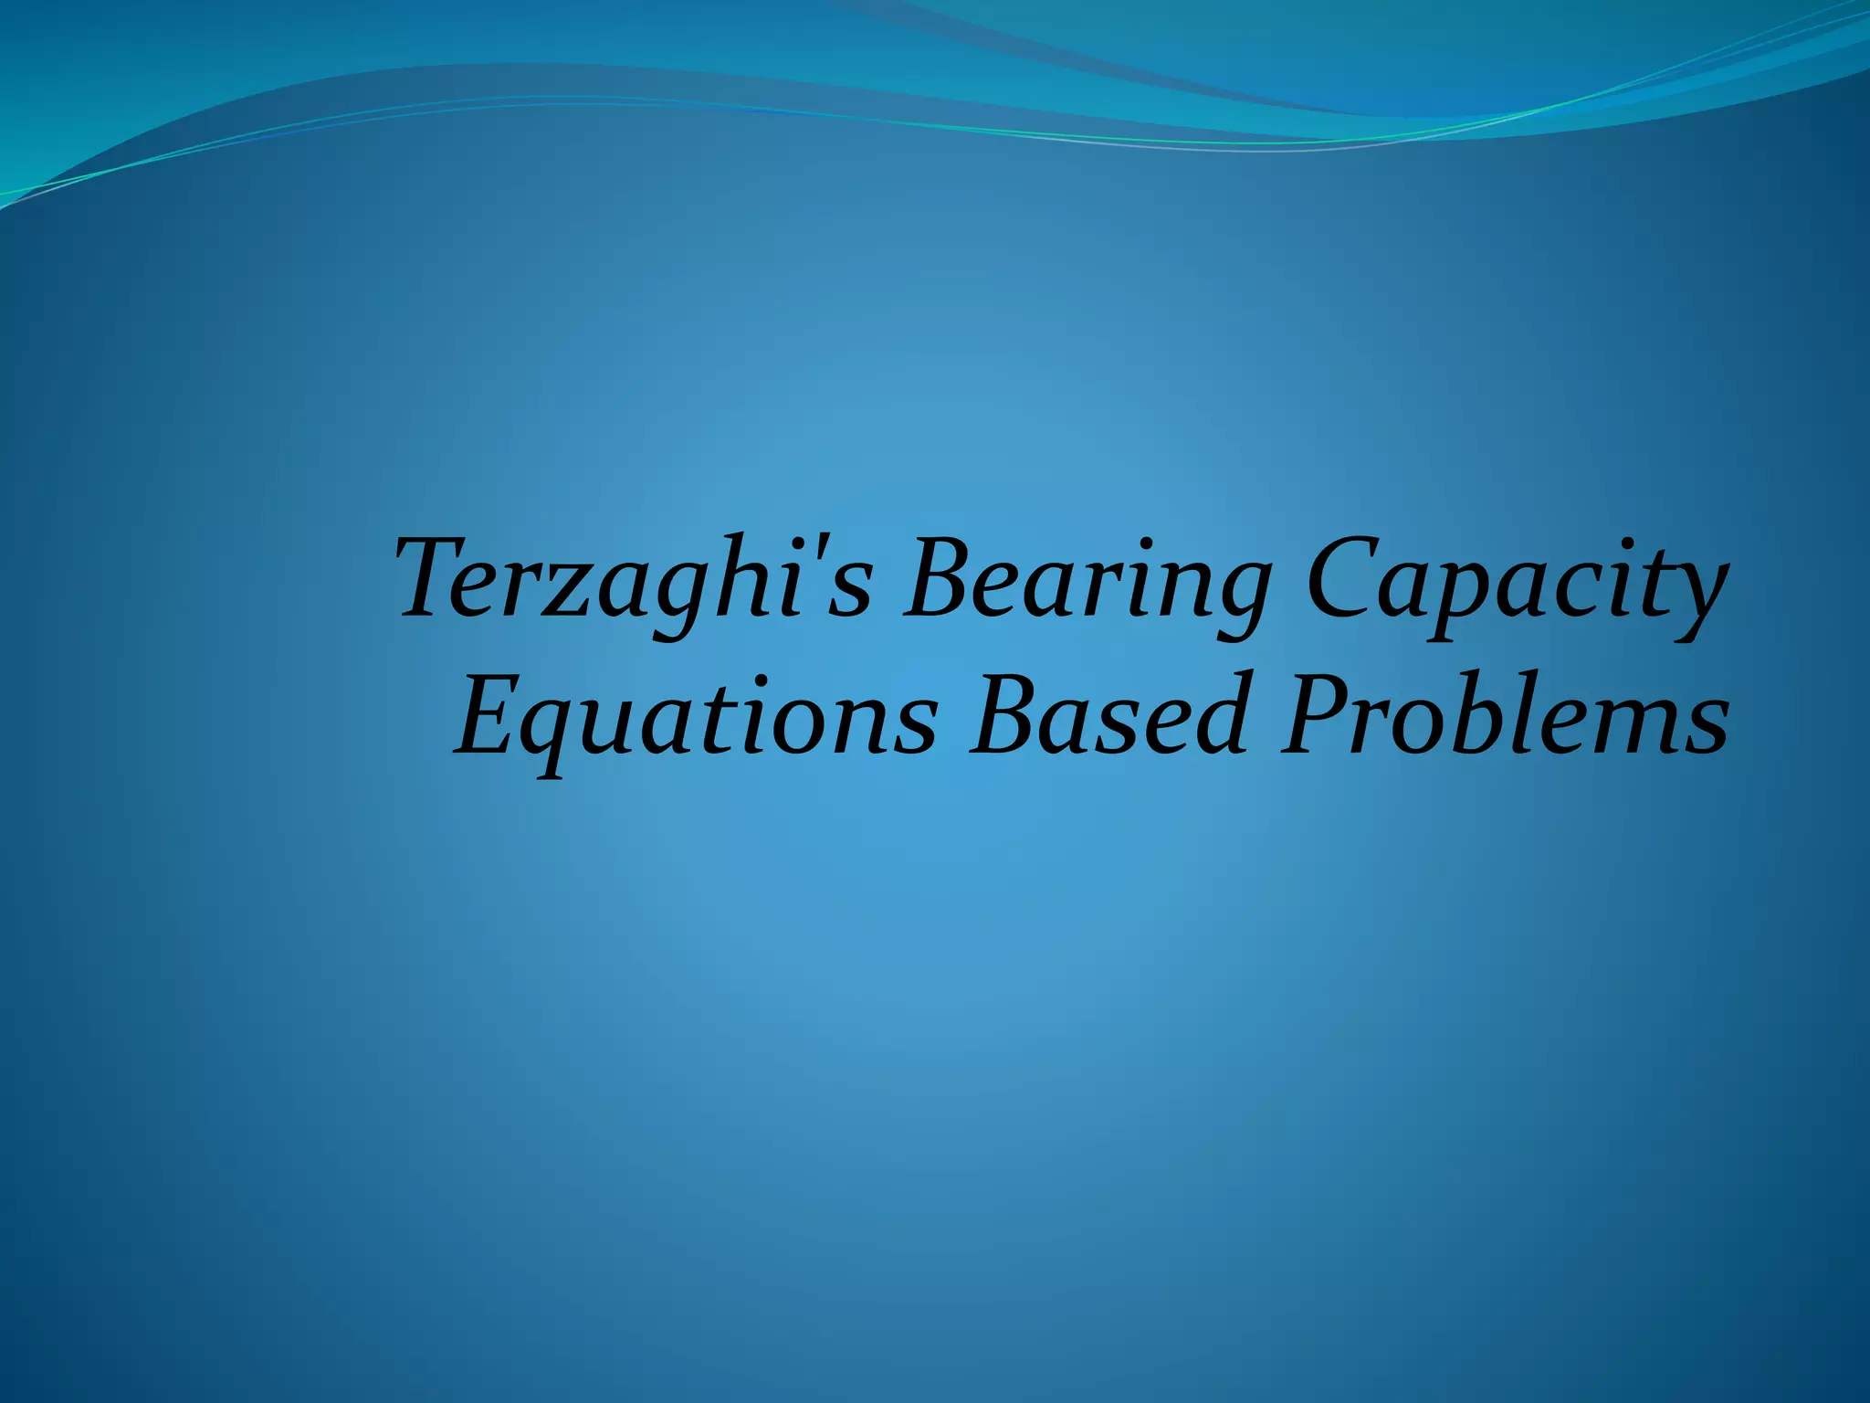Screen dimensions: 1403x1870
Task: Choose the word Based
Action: pyautogui.click(x=1108, y=717)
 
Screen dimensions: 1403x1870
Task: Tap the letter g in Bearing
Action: pyautogui.click(x=1237, y=598)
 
